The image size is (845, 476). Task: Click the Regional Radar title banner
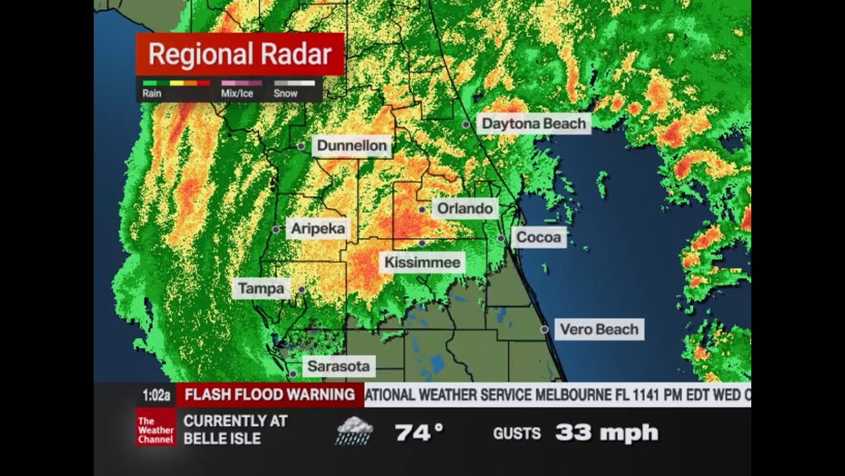(x=240, y=54)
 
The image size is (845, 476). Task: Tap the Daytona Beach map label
(x=533, y=124)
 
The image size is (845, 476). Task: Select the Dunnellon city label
(x=351, y=145)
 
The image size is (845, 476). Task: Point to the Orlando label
(x=465, y=209)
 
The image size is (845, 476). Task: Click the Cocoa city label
(x=538, y=237)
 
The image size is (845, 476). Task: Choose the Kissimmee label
(x=422, y=262)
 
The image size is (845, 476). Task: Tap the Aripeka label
(x=318, y=229)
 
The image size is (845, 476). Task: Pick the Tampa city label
(x=261, y=288)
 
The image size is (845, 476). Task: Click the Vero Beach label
(x=599, y=329)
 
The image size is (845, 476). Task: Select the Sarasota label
(x=339, y=366)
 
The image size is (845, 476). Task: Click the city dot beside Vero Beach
(x=545, y=329)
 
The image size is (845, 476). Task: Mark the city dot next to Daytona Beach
(x=466, y=124)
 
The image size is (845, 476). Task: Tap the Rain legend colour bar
(x=176, y=83)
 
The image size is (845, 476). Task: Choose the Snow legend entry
(x=294, y=89)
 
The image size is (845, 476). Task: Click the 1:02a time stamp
(x=156, y=395)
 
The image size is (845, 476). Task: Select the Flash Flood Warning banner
(x=269, y=395)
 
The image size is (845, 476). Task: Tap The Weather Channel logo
(x=156, y=430)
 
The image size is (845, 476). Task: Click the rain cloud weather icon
(x=354, y=431)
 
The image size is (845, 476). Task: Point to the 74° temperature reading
(x=419, y=433)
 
